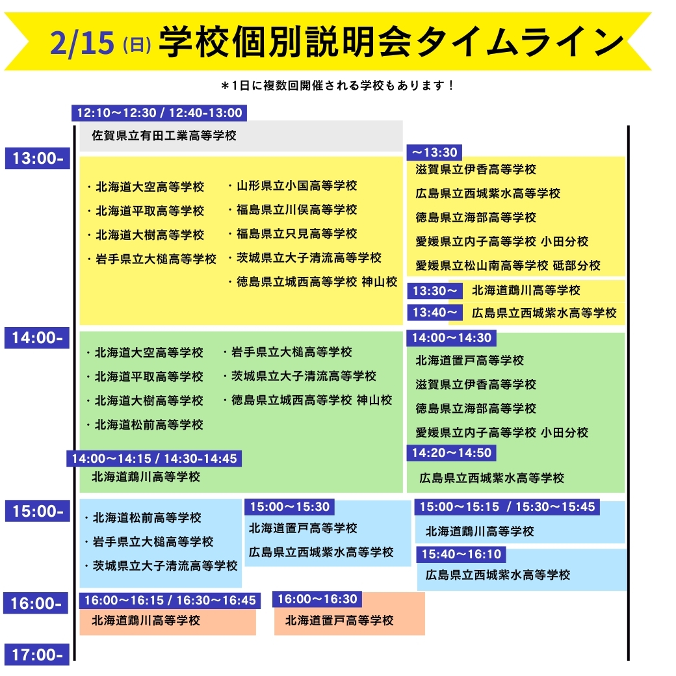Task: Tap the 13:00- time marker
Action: point(37,158)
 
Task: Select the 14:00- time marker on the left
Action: point(37,337)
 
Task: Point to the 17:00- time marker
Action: point(37,655)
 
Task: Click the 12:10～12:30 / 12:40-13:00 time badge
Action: point(159,113)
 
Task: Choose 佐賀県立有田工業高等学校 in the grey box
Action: point(164,136)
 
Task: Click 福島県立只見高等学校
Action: point(292,234)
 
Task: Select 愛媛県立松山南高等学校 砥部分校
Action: point(508,265)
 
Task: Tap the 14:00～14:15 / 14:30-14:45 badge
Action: point(154,458)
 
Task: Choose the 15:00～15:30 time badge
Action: point(290,507)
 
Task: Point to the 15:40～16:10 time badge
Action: point(461,554)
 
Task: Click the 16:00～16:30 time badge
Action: point(317,599)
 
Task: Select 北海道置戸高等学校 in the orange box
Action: point(339,621)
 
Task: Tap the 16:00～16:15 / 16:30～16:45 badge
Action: point(170,601)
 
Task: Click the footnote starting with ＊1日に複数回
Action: point(337,85)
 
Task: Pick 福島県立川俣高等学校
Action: point(292,210)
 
